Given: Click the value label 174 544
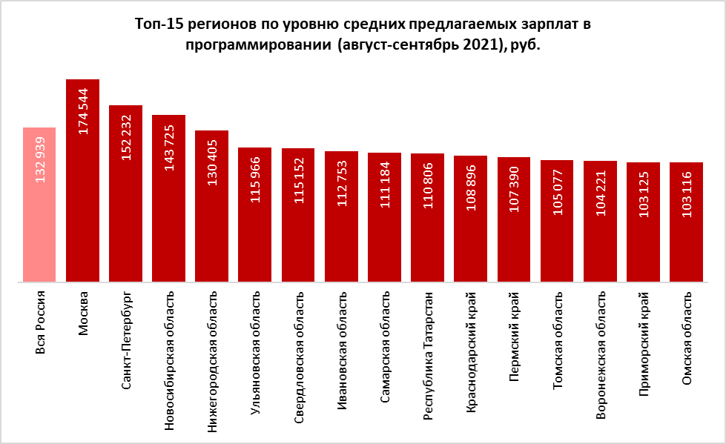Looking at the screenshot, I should [x=83, y=111].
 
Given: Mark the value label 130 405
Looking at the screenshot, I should [x=212, y=162].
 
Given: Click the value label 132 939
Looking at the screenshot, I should [x=40, y=160].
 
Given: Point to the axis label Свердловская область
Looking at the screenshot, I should [x=298, y=357].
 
